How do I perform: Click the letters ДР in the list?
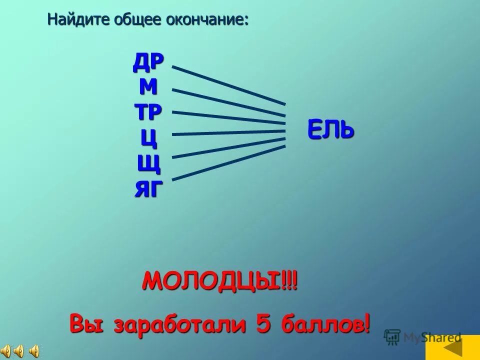[x=148, y=61]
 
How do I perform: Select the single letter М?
[x=148, y=87]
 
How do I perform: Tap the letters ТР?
[x=148, y=111]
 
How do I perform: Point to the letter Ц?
[x=149, y=138]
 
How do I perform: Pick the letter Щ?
[x=149, y=163]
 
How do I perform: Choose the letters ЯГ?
[x=148, y=189]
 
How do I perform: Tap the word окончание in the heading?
[x=210, y=20]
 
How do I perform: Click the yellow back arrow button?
[x=452, y=347]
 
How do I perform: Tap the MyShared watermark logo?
[x=423, y=337]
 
